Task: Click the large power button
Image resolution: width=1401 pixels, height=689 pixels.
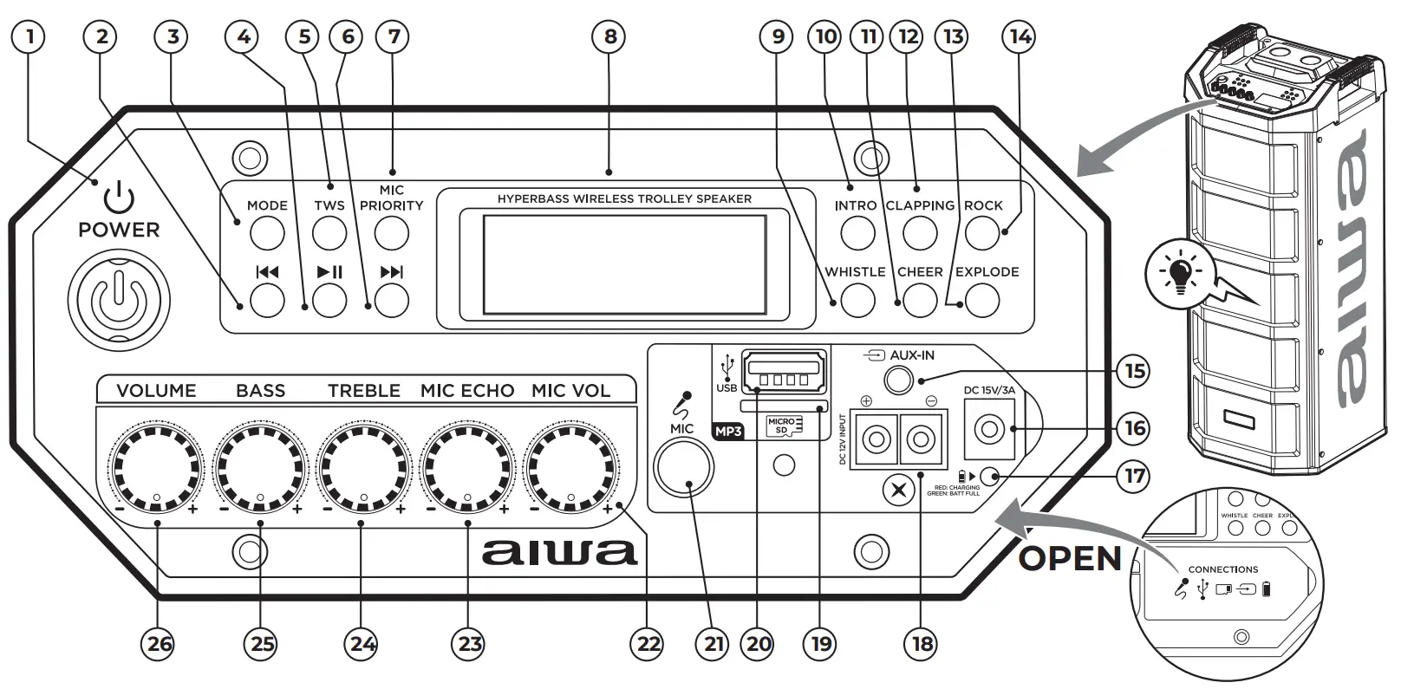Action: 120,301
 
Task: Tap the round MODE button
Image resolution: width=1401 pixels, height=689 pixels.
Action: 267,232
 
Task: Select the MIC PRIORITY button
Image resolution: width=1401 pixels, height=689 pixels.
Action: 392,232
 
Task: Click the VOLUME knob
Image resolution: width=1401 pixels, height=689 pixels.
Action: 156,468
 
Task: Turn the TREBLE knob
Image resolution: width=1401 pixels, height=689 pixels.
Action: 363,468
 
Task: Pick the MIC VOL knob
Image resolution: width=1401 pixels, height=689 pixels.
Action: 570,468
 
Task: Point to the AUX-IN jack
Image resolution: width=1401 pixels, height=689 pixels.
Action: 899,380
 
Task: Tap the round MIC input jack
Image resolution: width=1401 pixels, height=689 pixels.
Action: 684,467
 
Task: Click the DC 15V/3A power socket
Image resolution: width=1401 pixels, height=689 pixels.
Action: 989,429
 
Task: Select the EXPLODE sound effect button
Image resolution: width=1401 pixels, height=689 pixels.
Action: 982,301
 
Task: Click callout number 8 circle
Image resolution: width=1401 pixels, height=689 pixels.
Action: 610,36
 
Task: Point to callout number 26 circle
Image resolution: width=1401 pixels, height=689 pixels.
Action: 160,644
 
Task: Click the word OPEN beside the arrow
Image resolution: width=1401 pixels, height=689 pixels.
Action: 1070,559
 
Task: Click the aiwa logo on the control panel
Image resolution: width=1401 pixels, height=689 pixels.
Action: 559,552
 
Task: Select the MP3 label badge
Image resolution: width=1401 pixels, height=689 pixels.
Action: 729,430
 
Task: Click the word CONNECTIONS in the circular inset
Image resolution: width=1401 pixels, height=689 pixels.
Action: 1222,569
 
